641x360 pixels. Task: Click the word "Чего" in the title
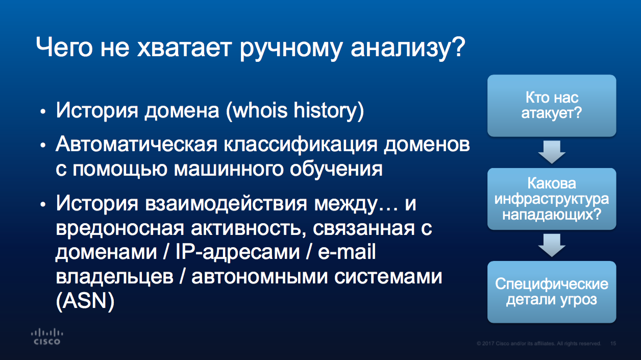[64, 47]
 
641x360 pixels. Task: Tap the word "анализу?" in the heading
[408, 49]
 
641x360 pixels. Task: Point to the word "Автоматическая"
[136, 145]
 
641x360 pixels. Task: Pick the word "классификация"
[301, 145]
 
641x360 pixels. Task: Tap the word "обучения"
[336, 170]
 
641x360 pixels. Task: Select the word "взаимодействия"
[226, 204]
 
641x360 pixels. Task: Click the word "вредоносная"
[120, 228]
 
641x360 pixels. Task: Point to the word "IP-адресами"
[237, 253]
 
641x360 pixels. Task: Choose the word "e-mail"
[347, 252]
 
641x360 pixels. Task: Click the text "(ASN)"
[85, 301]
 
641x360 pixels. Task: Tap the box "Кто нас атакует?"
[552, 106]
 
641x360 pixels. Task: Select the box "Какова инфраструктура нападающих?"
[552, 199]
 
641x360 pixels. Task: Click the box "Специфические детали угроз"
[552, 292]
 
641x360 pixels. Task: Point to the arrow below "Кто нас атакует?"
[552, 152]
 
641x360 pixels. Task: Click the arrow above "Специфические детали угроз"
[552, 245]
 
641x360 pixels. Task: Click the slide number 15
[613, 343]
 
